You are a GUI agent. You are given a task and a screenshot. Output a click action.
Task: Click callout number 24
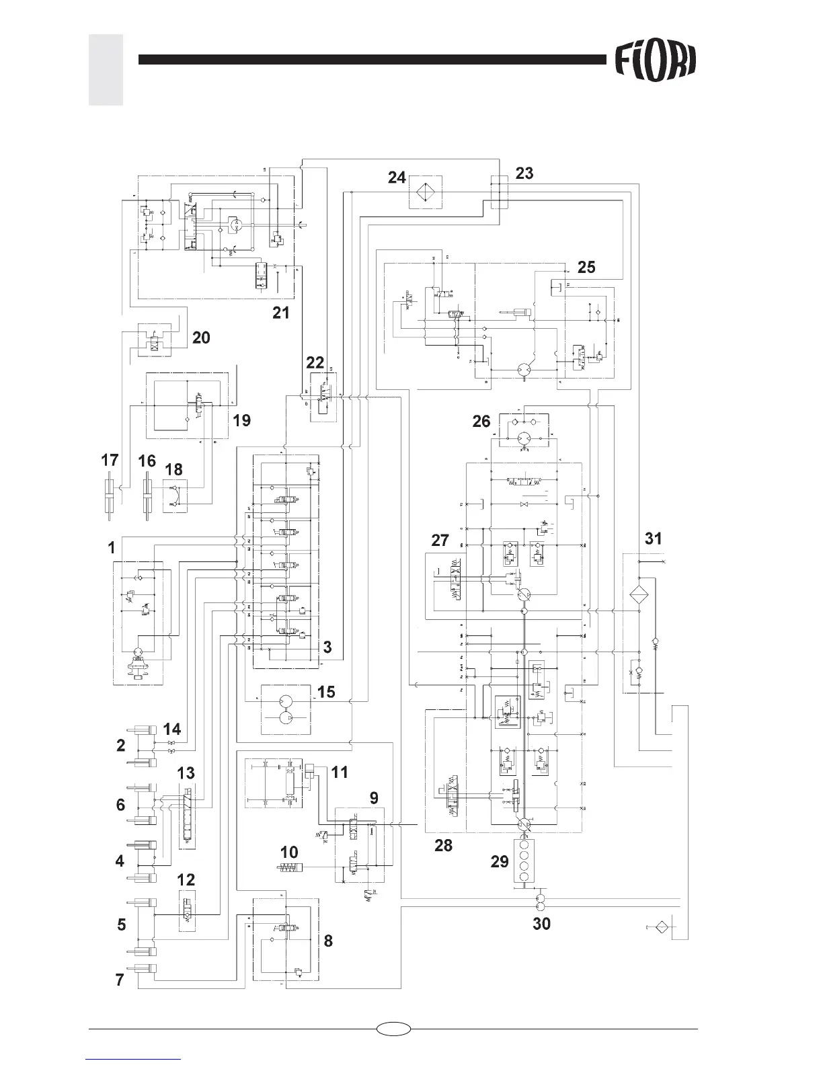(x=397, y=177)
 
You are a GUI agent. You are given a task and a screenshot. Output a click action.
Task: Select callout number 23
(x=524, y=173)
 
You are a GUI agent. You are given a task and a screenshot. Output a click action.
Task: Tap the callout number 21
(x=280, y=312)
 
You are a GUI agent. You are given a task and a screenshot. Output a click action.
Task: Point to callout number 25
(x=586, y=267)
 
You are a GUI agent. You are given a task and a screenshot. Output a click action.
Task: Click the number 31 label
(x=653, y=538)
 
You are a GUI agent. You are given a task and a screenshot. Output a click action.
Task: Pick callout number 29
(x=500, y=862)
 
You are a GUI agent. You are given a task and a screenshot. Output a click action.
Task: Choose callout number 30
(x=541, y=924)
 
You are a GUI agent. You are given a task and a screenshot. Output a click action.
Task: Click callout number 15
(x=326, y=691)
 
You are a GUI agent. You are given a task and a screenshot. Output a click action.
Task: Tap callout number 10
(x=289, y=852)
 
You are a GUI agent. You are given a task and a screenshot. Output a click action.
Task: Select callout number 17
(x=110, y=461)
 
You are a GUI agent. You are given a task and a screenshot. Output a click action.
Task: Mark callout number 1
(x=111, y=548)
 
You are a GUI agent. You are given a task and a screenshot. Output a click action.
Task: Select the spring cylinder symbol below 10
(x=290, y=869)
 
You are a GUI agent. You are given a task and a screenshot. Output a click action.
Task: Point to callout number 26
(x=481, y=422)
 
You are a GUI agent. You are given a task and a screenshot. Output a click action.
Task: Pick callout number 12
(x=186, y=879)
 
